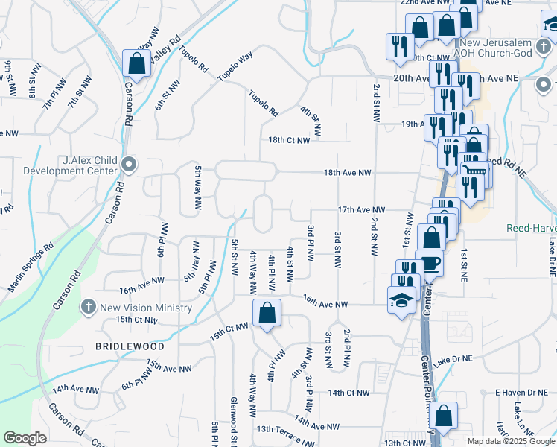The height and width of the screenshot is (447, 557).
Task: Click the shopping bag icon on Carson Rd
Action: pyautogui.click(x=137, y=63)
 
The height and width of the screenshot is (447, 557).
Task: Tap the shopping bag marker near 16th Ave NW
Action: pyautogui.click(x=267, y=314)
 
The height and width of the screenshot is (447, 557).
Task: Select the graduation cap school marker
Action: pyautogui.click(x=401, y=300)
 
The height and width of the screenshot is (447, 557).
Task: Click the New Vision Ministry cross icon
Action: pyautogui.click(x=88, y=307)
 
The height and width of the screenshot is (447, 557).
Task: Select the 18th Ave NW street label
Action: pyautogui.click(x=347, y=173)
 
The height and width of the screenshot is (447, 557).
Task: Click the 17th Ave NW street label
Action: pyautogui.click(x=361, y=211)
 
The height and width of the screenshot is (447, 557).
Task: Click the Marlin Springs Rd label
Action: pyautogui.click(x=31, y=256)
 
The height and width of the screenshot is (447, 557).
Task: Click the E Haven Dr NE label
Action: pyautogui.click(x=521, y=392)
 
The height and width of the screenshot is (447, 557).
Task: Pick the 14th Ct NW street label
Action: pyautogui.click(x=348, y=393)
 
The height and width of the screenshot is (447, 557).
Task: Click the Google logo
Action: pyautogui.click(x=25, y=437)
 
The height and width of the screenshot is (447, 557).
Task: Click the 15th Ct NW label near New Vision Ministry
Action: pyautogui.click(x=136, y=320)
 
